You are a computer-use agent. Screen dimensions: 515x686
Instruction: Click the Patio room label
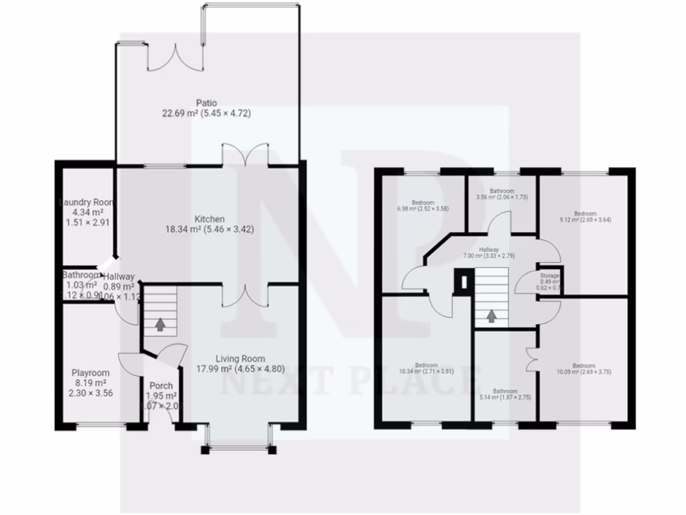pos(206,103)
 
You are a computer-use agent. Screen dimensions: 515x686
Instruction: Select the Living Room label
pos(239,359)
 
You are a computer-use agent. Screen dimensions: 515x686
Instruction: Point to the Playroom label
pos(90,373)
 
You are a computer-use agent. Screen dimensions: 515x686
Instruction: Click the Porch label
pos(161,386)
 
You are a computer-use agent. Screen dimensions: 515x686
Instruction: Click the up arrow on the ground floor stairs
pos(160,325)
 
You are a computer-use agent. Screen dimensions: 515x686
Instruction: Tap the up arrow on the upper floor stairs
pos(492,315)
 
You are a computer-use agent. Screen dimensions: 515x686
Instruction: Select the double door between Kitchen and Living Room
pos(245,294)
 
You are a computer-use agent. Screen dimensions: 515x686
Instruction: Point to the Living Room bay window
pos(240,447)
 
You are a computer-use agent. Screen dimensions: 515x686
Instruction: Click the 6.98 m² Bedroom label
pos(422,203)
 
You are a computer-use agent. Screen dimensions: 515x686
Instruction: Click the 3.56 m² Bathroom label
pos(501,190)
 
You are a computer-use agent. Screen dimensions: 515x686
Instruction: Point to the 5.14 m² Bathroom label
pos(504,391)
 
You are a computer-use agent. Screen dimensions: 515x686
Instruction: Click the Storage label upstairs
pos(550,276)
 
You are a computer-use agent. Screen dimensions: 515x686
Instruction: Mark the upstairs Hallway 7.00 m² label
pos(489,249)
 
